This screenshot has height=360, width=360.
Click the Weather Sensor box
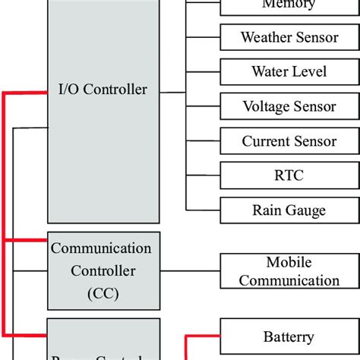(288, 36)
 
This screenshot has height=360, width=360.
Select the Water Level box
(288, 71)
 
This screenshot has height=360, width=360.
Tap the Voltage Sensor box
(288, 106)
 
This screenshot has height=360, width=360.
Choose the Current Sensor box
(288, 141)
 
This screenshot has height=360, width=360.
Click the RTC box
(288, 175)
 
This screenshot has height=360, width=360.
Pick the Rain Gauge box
(288, 210)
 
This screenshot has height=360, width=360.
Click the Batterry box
(288, 336)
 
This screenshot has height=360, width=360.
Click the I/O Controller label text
(104, 90)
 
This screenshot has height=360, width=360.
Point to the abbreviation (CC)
(103, 292)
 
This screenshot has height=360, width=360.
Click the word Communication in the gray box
(101, 248)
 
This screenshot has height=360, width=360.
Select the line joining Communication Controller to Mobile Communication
(190, 271)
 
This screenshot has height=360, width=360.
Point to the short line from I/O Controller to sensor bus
(173, 93)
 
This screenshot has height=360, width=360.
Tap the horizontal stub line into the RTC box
(203, 175)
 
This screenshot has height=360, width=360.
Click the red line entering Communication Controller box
(26, 241)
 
